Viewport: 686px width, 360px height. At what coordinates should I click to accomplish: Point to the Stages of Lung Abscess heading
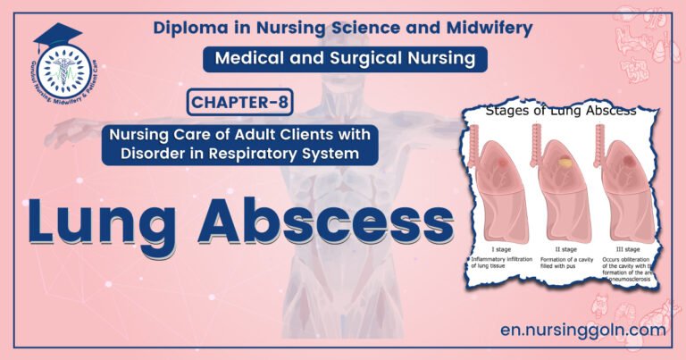pos(559,112)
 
